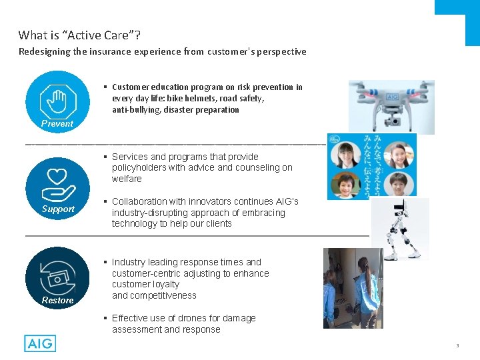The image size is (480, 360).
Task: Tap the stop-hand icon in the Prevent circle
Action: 58,101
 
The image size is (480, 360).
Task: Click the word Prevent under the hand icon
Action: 57,123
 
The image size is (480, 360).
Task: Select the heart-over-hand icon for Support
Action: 58,185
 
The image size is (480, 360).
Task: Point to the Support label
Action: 58,209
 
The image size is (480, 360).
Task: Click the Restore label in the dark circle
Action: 57,300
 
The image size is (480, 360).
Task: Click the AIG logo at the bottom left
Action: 40,343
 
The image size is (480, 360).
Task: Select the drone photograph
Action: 391,106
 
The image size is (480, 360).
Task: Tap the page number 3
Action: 458,345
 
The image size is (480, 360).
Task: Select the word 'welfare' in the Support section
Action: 127,179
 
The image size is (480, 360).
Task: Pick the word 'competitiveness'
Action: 163,295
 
